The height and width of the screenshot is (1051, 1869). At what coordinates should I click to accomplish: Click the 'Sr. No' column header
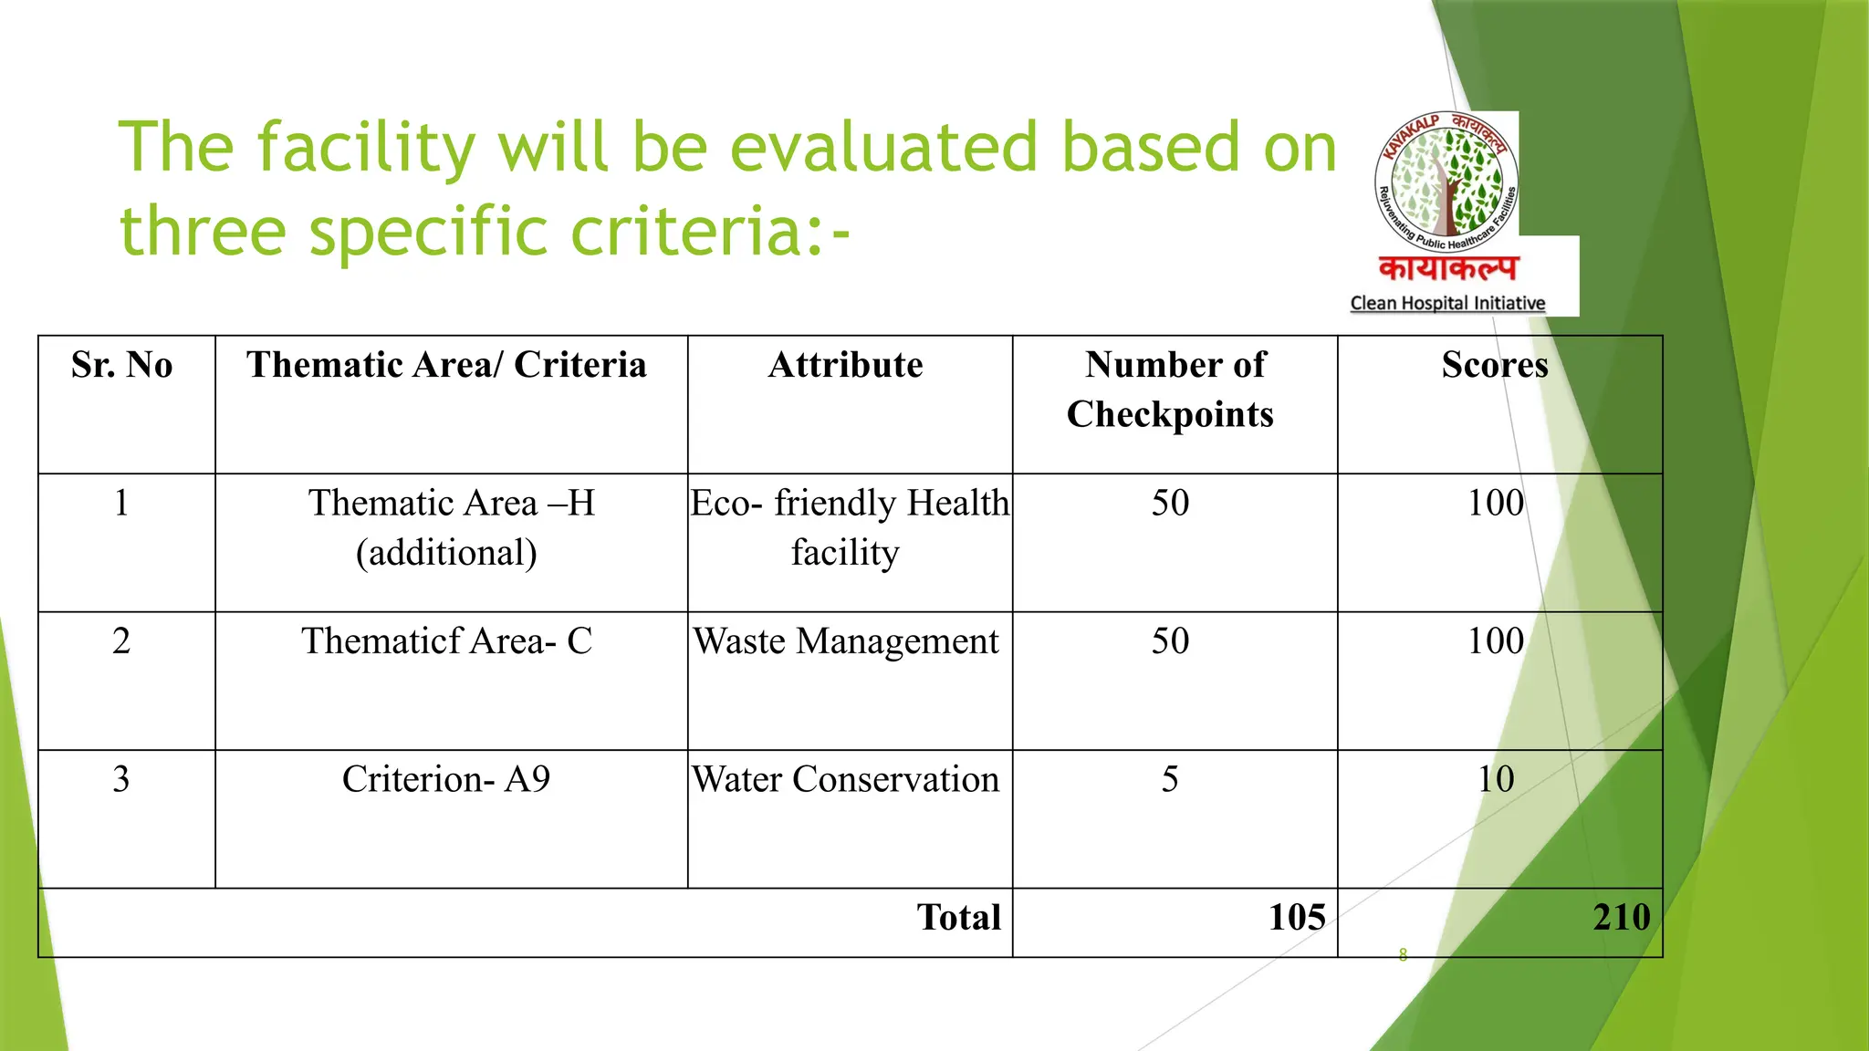(x=121, y=366)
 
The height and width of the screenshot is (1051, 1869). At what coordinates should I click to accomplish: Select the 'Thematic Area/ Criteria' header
(x=446, y=366)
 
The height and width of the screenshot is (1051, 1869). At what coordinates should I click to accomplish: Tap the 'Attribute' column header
(x=845, y=366)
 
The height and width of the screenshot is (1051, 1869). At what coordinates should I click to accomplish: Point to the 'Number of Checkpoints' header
(x=1171, y=390)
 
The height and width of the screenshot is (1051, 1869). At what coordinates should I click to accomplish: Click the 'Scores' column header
(x=1495, y=366)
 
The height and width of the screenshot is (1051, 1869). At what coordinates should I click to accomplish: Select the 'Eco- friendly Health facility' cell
(x=849, y=527)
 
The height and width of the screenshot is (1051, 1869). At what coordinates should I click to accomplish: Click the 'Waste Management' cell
(x=846, y=641)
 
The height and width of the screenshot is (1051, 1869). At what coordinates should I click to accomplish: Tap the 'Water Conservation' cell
(x=846, y=780)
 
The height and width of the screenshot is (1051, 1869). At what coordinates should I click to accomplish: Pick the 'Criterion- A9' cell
(x=446, y=780)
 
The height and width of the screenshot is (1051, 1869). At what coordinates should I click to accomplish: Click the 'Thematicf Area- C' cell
(x=446, y=641)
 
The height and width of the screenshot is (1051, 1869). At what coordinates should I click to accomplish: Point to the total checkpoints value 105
(x=1297, y=918)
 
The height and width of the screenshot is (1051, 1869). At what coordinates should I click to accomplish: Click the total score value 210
(x=1622, y=918)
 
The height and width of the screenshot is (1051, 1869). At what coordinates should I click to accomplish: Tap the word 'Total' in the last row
(x=959, y=918)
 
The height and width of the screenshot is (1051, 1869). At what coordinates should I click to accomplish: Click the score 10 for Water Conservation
(x=1496, y=780)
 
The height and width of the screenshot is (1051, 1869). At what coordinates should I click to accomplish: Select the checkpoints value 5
(x=1170, y=780)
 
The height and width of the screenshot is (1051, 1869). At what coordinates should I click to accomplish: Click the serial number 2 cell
(x=121, y=641)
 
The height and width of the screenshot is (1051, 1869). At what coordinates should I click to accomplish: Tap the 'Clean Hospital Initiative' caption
(x=1447, y=303)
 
